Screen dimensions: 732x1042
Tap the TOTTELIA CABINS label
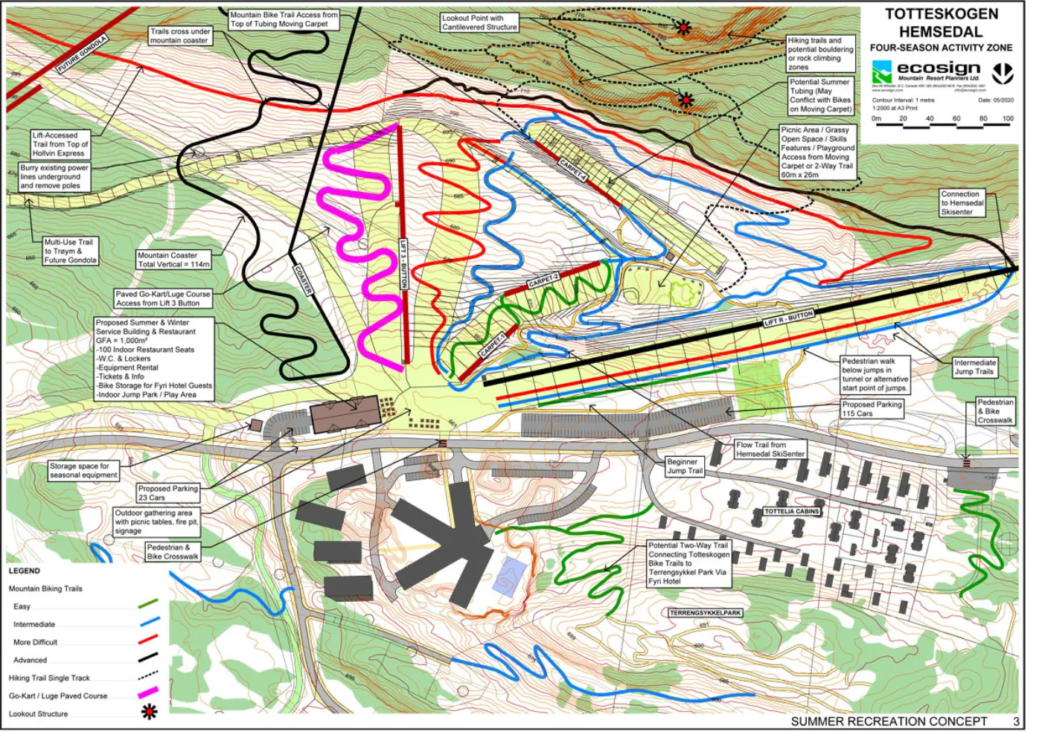pyautogui.click(x=792, y=512)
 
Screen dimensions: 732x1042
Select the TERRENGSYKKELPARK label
pyautogui.click(x=706, y=613)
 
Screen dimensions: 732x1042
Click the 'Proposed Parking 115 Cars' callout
pyautogui.click(x=872, y=409)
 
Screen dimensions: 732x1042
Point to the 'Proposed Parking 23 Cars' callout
pyautogui.click(x=167, y=493)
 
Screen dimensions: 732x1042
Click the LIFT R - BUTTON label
pyautogui.click(x=789, y=319)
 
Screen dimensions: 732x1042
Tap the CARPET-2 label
pyautogui.click(x=543, y=281)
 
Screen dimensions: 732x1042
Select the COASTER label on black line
pyautogui.click(x=303, y=279)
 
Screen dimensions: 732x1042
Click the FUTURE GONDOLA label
pyautogui.click(x=82, y=54)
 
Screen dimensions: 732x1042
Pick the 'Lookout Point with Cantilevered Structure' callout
pyautogui.click(x=479, y=22)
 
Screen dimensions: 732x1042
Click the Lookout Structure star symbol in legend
pyautogui.click(x=149, y=713)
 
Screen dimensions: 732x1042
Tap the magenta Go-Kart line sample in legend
pyautogui.click(x=148, y=694)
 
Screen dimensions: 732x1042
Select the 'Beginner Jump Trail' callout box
pyautogui.click(x=684, y=466)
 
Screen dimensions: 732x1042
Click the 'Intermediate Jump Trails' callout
pyautogui.click(x=974, y=367)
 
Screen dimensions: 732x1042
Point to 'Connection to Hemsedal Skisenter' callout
pyautogui.click(x=962, y=203)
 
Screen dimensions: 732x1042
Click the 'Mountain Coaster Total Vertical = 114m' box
pyautogui.click(x=173, y=260)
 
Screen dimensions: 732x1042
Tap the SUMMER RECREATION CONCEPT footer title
pyautogui.click(x=889, y=722)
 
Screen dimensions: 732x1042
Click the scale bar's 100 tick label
pyautogui.click(x=1007, y=118)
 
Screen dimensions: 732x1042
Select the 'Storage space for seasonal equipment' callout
pyautogui.click(x=83, y=470)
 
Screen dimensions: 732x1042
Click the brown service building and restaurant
pyautogui.click(x=345, y=414)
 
